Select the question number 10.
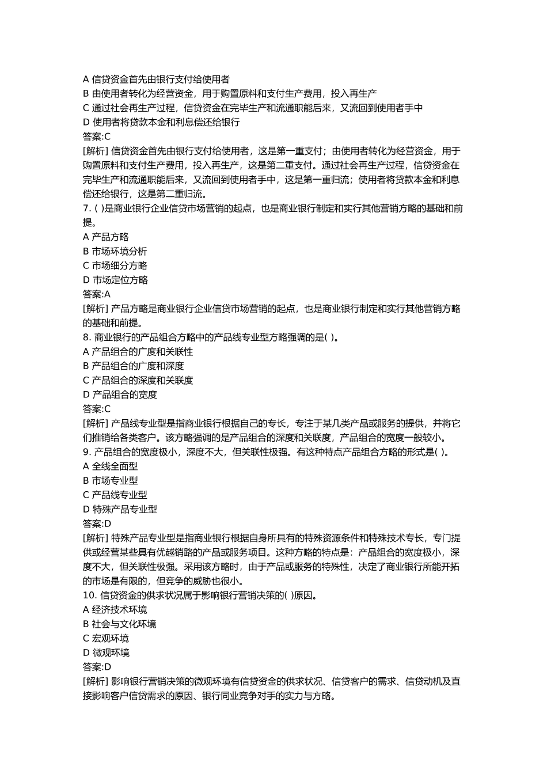tap(89, 595)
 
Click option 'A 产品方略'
tap(106, 237)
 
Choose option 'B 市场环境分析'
tap(115, 252)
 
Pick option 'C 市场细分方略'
tap(115, 265)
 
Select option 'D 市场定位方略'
tap(116, 280)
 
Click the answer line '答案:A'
tap(97, 294)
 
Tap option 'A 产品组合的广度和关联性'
tap(138, 352)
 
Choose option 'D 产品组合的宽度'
tap(120, 394)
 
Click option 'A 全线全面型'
tap(111, 466)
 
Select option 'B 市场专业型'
tap(111, 481)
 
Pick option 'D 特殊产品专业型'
tap(120, 509)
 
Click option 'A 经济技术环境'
tap(115, 610)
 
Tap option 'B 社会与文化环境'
tap(120, 624)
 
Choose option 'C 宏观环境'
tap(106, 639)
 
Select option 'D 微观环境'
tap(107, 652)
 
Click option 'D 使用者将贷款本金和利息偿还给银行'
tap(161, 122)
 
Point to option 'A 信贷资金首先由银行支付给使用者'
tap(157, 79)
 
